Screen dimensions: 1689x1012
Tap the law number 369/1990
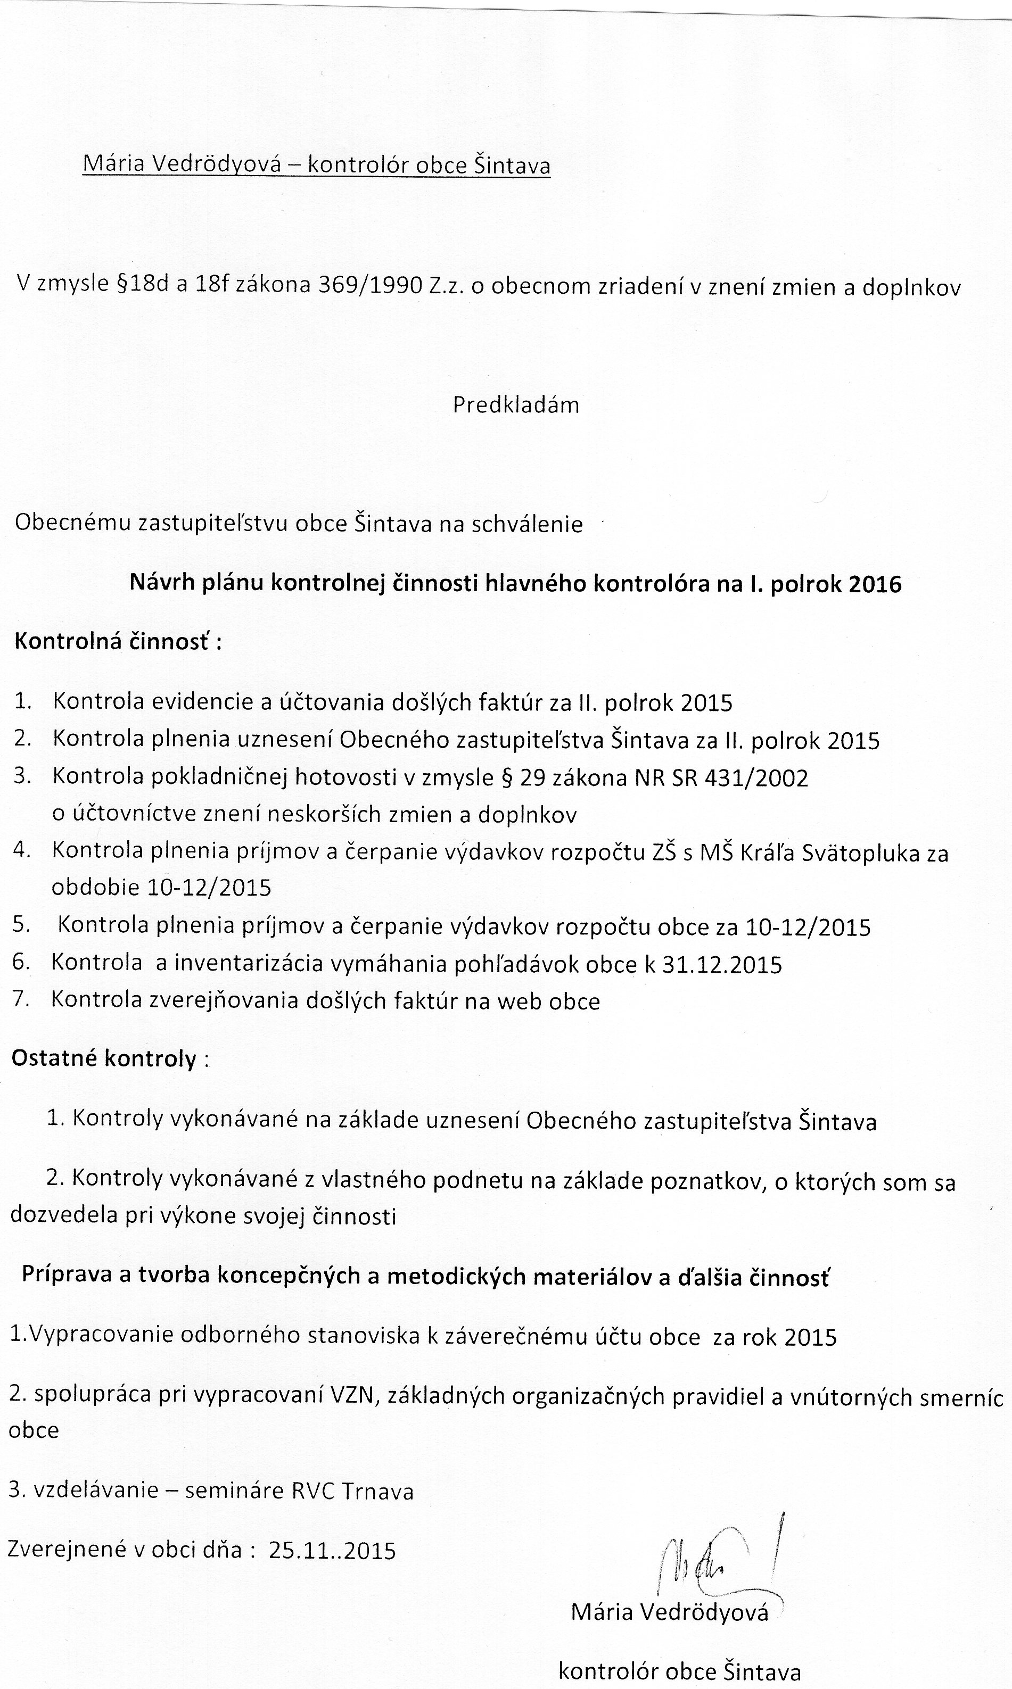click(x=369, y=285)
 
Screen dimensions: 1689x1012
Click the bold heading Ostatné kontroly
click(x=104, y=1058)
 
